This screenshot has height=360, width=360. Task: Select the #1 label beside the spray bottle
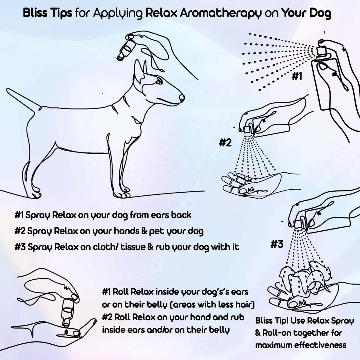pyautogui.click(x=296, y=77)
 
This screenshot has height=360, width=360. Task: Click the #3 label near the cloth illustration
pyautogui.click(x=277, y=244)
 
